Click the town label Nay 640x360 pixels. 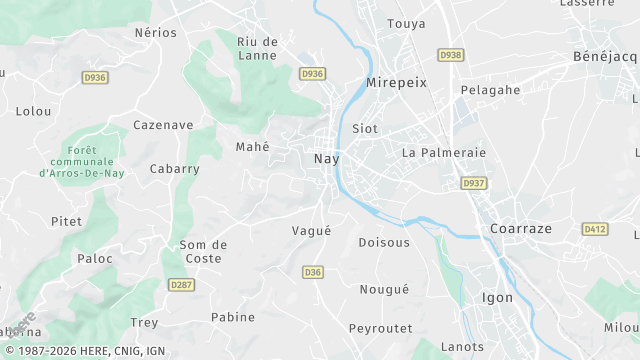pyautogui.click(x=327, y=159)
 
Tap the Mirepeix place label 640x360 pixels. pyautogui.click(x=397, y=83)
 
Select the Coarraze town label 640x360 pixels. pyautogui.click(x=521, y=228)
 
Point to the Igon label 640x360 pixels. pyautogui.click(x=497, y=297)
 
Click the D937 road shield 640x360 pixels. pyautogui.click(x=473, y=184)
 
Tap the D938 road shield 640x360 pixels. pyautogui.click(x=451, y=55)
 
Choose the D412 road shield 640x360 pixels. pyautogui.click(x=595, y=229)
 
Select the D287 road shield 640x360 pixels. pyautogui.click(x=181, y=285)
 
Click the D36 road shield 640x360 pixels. pyautogui.click(x=313, y=271)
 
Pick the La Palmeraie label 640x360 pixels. pyautogui.click(x=443, y=153)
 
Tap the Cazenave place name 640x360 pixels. pyautogui.click(x=162, y=125)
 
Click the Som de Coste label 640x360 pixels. pyautogui.click(x=203, y=251)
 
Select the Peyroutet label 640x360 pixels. pyautogui.click(x=380, y=328)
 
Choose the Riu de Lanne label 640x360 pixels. pyautogui.click(x=257, y=48)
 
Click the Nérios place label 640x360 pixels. pyautogui.click(x=155, y=33)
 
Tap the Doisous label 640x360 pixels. pyautogui.click(x=384, y=243)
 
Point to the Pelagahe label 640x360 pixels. pyautogui.click(x=490, y=90)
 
